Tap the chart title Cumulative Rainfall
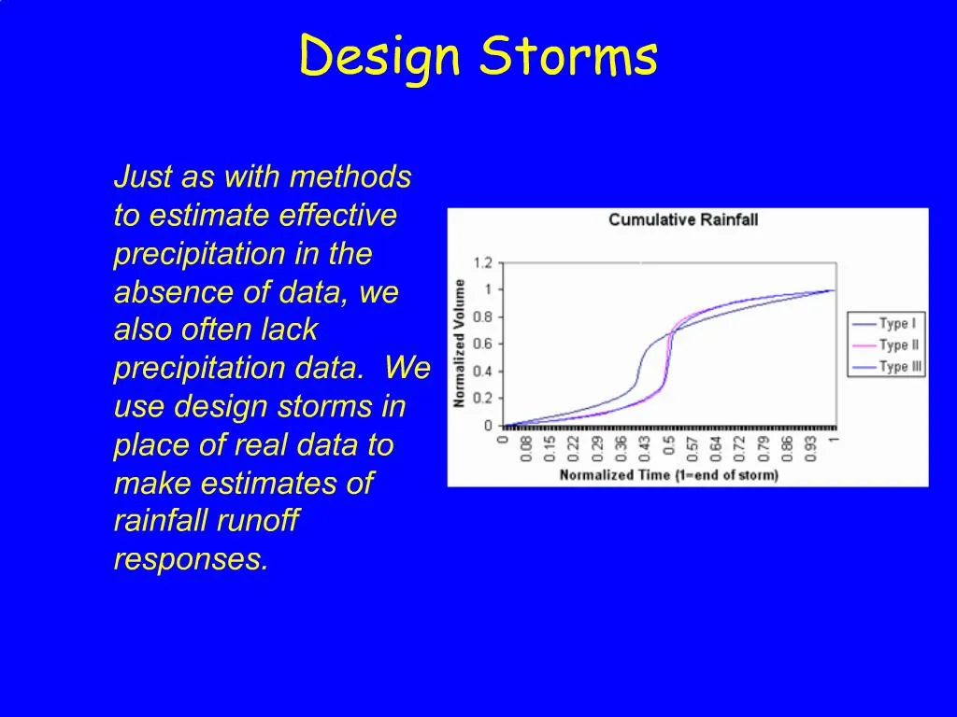(x=682, y=219)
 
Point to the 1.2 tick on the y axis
(x=482, y=262)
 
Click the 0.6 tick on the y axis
(x=482, y=344)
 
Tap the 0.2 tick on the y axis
(x=482, y=398)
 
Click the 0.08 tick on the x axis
(x=527, y=447)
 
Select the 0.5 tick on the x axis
(x=669, y=445)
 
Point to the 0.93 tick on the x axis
(x=810, y=447)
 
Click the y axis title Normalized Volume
(x=460, y=344)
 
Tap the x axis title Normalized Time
(x=668, y=475)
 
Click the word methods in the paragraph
(x=350, y=176)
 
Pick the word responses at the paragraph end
(x=191, y=559)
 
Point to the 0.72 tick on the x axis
(x=739, y=447)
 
